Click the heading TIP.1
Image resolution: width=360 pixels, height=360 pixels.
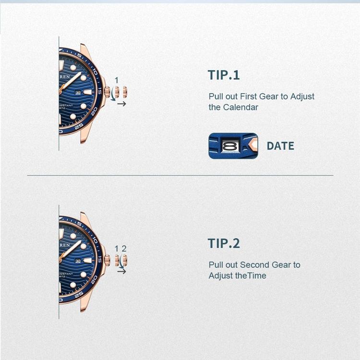pyautogui.click(x=224, y=75)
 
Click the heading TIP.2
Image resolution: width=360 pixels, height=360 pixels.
pyautogui.click(x=224, y=243)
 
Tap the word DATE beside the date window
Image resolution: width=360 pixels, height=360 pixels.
pyautogui.click(x=280, y=146)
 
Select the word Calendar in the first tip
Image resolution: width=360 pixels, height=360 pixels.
pyautogui.click(x=240, y=107)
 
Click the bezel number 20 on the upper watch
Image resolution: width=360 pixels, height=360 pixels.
pyautogui.click(x=94, y=110)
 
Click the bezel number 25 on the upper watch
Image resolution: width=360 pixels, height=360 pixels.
pyautogui.click(x=79, y=125)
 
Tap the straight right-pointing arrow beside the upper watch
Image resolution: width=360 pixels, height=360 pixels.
pyautogui.click(x=121, y=103)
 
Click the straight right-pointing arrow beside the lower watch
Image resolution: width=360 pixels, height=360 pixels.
pyautogui.click(x=121, y=271)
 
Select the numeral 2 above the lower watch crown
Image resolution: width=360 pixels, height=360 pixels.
pyautogui.click(x=124, y=249)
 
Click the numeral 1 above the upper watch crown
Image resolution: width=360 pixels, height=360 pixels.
pyautogui.click(x=116, y=80)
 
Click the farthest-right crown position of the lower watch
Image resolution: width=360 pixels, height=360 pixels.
pyautogui.click(x=124, y=260)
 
